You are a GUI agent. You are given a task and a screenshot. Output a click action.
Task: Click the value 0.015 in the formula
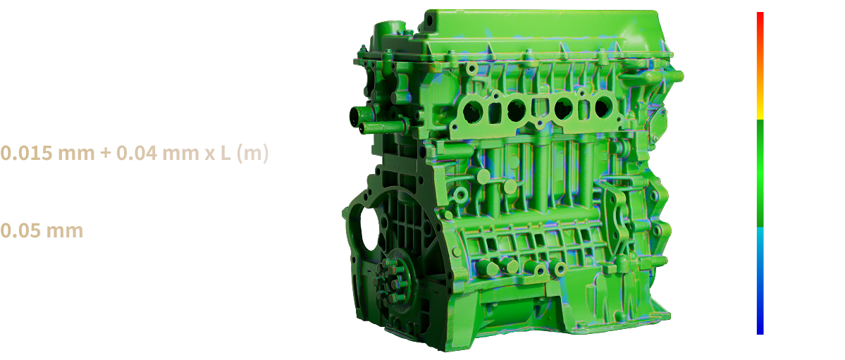click(x=26, y=154)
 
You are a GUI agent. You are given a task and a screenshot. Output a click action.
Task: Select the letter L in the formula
click(x=226, y=154)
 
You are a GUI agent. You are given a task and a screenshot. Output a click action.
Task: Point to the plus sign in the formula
click(x=106, y=154)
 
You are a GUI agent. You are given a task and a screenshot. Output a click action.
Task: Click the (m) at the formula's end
click(x=252, y=154)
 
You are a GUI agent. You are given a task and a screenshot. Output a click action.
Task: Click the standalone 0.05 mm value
click(x=42, y=230)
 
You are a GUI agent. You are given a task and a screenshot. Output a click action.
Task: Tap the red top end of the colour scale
click(x=760, y=22)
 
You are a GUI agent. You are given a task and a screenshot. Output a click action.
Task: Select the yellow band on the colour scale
click(x=760, y=111)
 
